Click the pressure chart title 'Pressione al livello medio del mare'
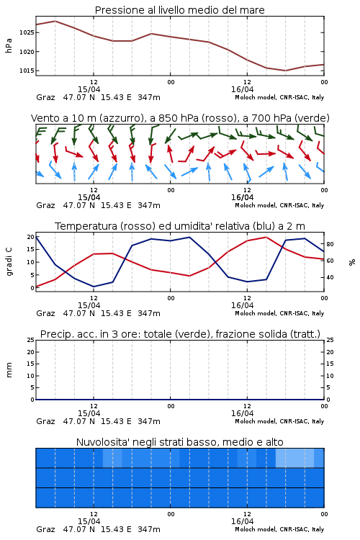tap(179, 10)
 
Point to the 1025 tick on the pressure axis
tap(27, 32)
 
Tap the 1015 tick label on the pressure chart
tap(27, 71)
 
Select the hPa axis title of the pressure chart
tap(9, 45)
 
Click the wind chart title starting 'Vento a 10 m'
tap(180, 118)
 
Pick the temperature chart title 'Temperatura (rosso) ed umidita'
tap(180, 226)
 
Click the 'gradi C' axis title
tap(9, 262)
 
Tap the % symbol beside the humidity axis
tap(352, 262)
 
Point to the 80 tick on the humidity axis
tap(330, 244)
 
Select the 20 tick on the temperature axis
tap(31, 237)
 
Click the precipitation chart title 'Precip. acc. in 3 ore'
tap(180, 334)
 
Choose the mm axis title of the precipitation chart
tap(9, 370)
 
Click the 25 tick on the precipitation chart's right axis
tap(330, 340)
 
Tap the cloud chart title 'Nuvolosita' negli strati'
tap(179, 442)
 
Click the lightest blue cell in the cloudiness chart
tap(294, 458)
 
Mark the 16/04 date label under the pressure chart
tap(242, 89)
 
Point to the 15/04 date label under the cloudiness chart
tap(89, 521)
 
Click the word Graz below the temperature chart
tap(45, 313)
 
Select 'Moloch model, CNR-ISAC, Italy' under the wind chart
tap(279, 205)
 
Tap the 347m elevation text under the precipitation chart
tap(149, 421)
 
